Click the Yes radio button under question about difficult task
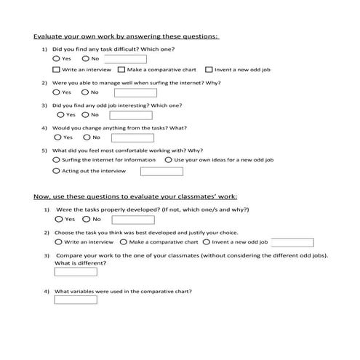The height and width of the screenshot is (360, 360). pyautogui.click(x=57, y=58)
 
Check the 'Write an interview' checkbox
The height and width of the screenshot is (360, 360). pyautogui.click(x=57, y=70)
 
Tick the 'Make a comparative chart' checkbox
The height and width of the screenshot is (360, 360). pyautogui.click(x=121, y=70)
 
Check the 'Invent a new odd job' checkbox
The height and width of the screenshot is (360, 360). pyautogui.click(x=209, y=70)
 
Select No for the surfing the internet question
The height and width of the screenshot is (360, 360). pyautogui.click(x=86, y=92)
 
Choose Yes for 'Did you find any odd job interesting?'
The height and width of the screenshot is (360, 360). pyautogui.click(x=60, y=115)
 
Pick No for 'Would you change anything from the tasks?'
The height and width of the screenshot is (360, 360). pyautogui.click(x=86, y=137)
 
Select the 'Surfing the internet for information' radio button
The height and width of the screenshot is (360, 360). pyautogui.click(x=57, y=159)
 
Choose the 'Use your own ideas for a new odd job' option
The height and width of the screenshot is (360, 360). pyautogui.click(x=169, y=159)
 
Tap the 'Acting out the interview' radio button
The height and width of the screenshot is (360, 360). pyautogui.click(x=57, y=171)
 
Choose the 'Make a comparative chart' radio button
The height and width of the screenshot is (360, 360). pyautogui.click(x=124, y=241)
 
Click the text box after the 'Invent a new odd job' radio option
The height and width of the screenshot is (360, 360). pyautogui.click(x=292, y=242)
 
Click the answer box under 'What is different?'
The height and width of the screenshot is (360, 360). pyautogui.click(x=76, y=271)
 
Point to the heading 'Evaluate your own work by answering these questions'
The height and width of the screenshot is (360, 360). pyautogui.click(x=127, y=36)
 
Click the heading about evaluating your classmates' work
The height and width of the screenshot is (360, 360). pyautogui.click(x=135, y=196)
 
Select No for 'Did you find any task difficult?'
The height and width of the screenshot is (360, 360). pyautogui.click(x=86, y=58)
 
